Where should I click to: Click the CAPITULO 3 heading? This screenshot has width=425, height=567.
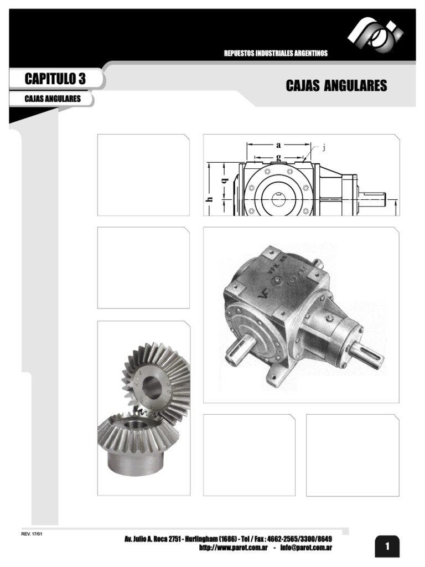pyautogui.click(x=55, y=79)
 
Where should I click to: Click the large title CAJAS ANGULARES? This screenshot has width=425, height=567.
pyautogui.click(x=336, y=86)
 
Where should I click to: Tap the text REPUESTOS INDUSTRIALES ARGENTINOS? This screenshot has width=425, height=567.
pyautogui.click(x=276, y=53)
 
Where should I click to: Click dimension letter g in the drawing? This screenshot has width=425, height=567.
pyautogui.click(x=278, y=157)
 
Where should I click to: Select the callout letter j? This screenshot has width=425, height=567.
pyautogui.click(x=323, y=147)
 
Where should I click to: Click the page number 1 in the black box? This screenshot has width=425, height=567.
pyautogui.click(x=387, y=547)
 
